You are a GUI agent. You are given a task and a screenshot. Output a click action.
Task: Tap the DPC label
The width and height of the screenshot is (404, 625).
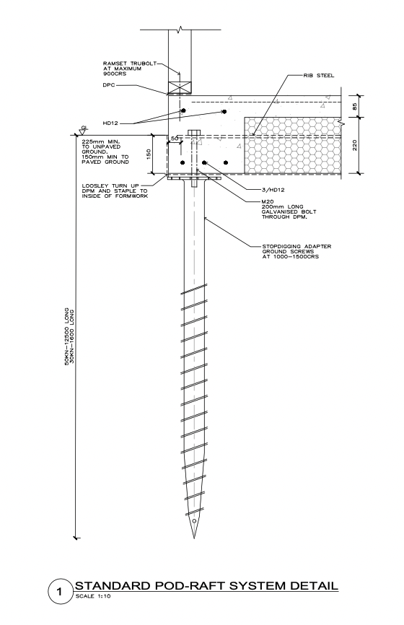click(108, 85)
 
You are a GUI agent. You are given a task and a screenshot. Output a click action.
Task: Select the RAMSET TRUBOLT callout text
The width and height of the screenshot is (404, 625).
click(129, 69)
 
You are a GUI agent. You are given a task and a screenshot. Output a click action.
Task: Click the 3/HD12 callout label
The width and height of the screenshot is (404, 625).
click(273, 190)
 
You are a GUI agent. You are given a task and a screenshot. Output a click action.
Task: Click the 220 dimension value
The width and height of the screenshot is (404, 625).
click(355, 144)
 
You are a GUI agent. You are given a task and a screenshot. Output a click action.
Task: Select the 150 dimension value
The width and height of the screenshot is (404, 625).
click(149, 154)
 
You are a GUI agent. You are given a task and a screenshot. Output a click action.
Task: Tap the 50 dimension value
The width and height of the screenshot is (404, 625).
click(175, 139)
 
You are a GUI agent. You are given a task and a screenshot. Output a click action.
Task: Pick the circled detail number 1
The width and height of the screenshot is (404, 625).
click(60, 592)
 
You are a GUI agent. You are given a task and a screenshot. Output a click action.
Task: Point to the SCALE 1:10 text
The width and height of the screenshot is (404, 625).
click(92, 596)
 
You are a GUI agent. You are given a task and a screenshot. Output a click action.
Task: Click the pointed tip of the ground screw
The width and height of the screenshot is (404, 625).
click(194, 538)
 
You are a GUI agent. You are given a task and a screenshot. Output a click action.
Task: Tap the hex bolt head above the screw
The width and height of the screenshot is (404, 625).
click(193, 133)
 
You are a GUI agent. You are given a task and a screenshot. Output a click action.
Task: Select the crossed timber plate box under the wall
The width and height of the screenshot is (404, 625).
click(180, 88)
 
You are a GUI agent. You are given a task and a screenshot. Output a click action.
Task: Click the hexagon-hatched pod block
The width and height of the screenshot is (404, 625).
click(292, 146)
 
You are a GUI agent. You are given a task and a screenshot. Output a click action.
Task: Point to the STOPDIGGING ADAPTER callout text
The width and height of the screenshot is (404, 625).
click(297, 251)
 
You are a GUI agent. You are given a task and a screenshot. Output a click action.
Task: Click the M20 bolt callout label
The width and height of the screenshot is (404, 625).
click(289, 209)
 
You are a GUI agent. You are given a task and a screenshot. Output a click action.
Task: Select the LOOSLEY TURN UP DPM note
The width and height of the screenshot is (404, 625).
click(115, 191)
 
